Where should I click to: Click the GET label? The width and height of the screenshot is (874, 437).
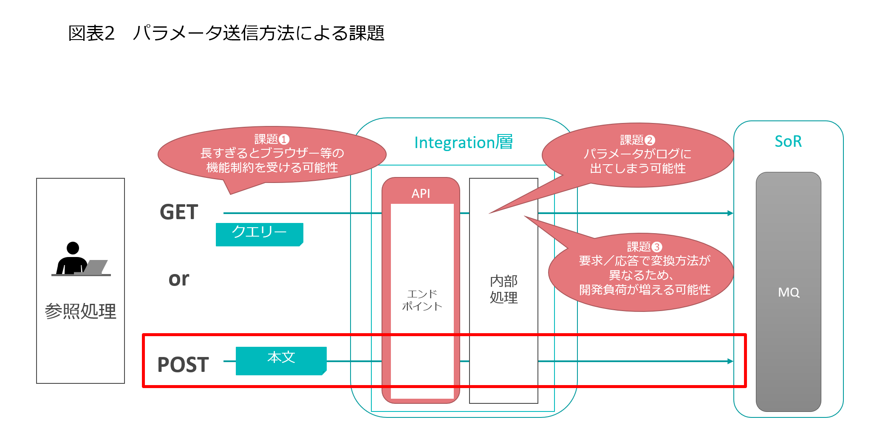click(179, 212)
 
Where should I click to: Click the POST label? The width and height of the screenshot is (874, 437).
click(183, 365)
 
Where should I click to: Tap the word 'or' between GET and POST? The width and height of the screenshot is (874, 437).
click(178, 279)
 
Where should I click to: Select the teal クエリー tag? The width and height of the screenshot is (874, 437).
click(259, 233)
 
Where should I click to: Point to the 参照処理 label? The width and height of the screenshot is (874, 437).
click(80, 311)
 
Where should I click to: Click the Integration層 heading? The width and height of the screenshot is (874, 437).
click(463, 143)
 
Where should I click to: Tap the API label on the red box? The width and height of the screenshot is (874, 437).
click(421, 194)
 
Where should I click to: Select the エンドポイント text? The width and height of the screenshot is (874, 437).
click(422, 300)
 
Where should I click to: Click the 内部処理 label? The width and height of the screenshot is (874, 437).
click(503, 289)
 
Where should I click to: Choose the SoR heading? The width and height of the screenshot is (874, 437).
click(788, 141)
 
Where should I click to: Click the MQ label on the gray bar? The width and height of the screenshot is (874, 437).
click(789, 292)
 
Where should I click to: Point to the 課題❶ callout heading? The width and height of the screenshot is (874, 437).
click(272, 139)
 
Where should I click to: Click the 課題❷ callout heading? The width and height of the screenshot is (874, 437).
click(637, 140)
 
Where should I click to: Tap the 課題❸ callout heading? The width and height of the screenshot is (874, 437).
click(644, 247)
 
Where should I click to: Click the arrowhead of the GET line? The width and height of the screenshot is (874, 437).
click(730, 213)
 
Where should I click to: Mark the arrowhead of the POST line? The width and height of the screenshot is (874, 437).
click(730, 361)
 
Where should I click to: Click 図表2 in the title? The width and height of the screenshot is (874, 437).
click(91, 33)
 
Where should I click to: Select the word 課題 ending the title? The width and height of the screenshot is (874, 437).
click(367, 33)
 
